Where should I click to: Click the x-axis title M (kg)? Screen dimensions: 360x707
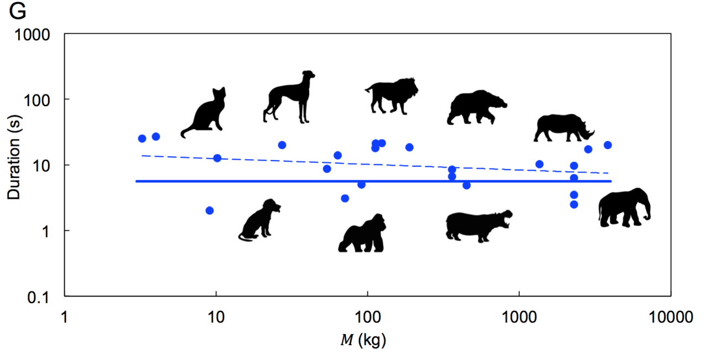[x=363, y=341]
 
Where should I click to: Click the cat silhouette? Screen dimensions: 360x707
[x=205, y=114]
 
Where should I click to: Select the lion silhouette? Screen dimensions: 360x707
[x=392, y=95]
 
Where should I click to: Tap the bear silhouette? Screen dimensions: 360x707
[x=475, y=107]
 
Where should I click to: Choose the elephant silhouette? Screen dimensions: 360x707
[x=625, y=208]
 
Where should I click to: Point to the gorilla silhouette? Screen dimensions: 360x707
[x=363, y=234]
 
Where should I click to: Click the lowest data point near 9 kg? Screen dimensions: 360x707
[x=209, y=210]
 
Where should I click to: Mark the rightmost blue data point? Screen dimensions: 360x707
[x=608, y=145]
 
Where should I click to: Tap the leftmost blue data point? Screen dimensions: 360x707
[x=142, y=139]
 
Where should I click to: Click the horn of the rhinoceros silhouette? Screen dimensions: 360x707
[x=592, y=132]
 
